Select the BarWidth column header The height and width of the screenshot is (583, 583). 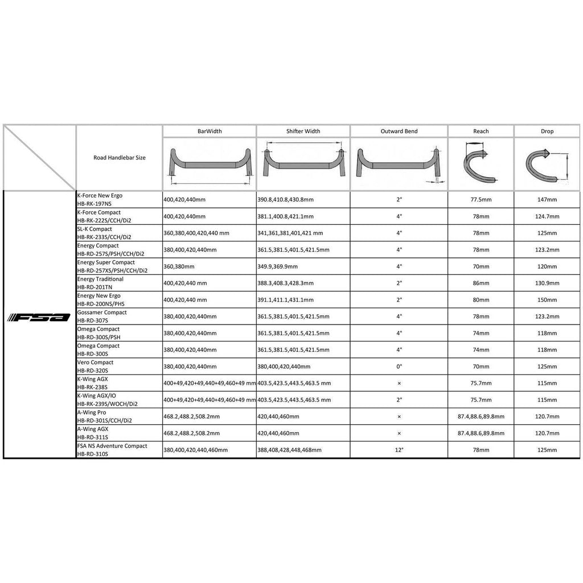click(210, 131)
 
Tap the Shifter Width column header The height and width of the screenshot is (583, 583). click(303, 131)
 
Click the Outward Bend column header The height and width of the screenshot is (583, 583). click(399, 131)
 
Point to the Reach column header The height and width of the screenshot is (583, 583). click(481, 131)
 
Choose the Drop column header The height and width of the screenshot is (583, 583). click(547, 131)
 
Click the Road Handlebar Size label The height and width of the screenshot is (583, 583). click(120, 157)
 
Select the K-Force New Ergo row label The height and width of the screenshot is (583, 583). click(100, 199)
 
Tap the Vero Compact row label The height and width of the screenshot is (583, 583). click(96, 366)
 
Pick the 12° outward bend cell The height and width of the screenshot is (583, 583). click(399, 450)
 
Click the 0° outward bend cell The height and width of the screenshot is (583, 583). click(399, 366)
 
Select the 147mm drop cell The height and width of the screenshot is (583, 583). click(547, 200)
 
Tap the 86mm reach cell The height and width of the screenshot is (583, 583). click(481, 283)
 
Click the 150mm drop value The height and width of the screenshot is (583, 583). click(547, 299)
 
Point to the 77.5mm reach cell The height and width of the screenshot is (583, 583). click(481, 200)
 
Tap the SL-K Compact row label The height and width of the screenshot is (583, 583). click(104, 233)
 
